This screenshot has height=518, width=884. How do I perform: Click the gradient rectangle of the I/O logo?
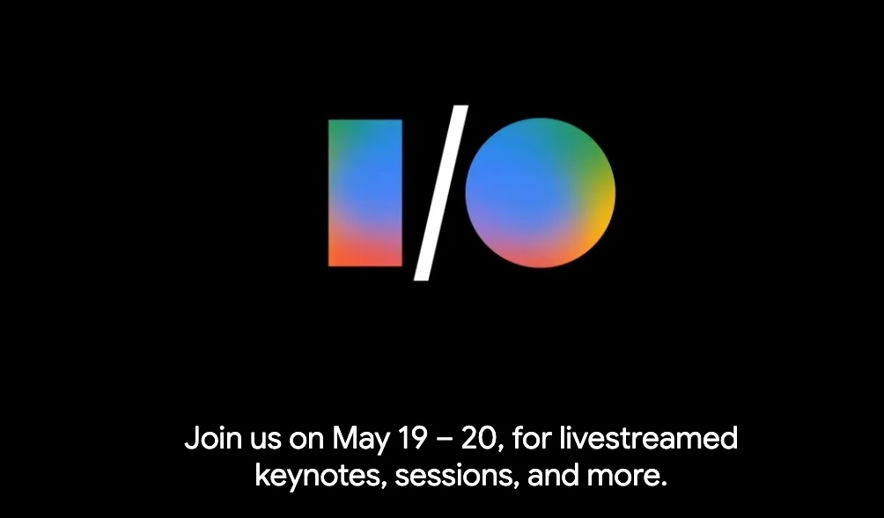tap(365, 193)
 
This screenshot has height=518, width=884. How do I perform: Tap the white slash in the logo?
tap(441, 193)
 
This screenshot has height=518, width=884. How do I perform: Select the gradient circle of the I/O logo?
tap(540, 193)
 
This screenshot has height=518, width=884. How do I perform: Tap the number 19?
tap(413, 439)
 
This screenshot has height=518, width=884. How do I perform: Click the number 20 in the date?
tap(480, 439)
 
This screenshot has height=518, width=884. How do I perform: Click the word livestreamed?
tap(648, 438)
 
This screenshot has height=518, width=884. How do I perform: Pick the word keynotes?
tap(320, 477)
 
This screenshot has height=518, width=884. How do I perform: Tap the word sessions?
tap(456, 477)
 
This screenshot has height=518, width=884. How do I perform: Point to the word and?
tap(553, 475)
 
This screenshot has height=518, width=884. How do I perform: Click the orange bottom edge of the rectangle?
tap(365, 265)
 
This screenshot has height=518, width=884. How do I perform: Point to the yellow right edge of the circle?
tap(614, 193)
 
